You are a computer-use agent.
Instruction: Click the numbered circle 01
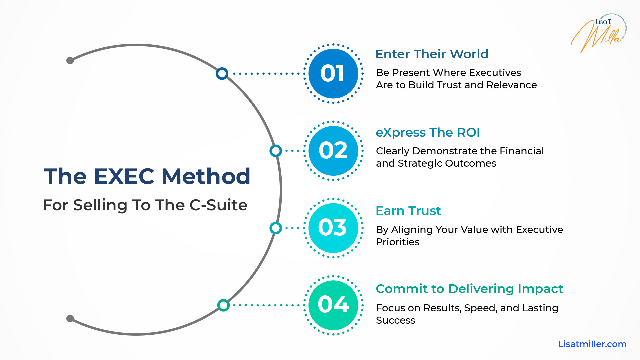(333, 74)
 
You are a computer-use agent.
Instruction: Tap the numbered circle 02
(333, 151)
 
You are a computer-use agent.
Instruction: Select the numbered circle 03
(333, 228)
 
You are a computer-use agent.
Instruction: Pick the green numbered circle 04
(333, 305)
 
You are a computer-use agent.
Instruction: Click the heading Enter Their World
(432, 54)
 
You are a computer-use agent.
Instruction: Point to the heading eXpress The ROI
(428, 133)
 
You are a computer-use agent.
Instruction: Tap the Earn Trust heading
(408, 211)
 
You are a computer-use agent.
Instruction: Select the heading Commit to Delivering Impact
(469, 289)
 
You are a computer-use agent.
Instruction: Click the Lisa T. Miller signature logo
(598, 33)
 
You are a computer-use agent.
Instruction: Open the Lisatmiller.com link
(592, 344)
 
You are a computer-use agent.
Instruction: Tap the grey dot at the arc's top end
(70, 60)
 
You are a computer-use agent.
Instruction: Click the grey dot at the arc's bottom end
(70, 318)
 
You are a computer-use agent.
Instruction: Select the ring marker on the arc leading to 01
(222, 74)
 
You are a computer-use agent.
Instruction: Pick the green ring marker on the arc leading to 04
(223, 305)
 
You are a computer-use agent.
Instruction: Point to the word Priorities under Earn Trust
(397, 242)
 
